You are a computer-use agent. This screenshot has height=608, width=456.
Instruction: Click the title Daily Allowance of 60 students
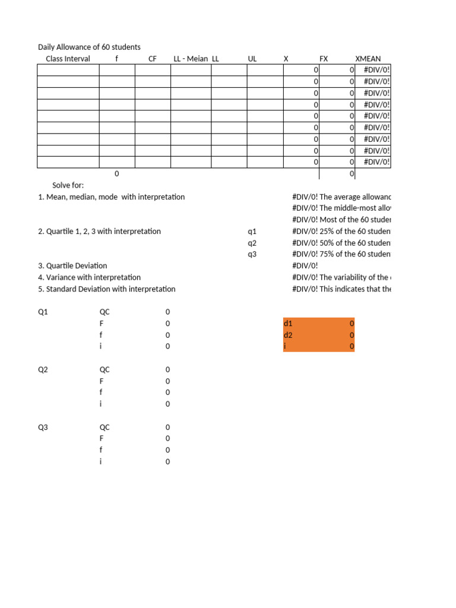[89, 47]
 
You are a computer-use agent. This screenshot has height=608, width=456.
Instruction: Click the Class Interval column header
[68, 59]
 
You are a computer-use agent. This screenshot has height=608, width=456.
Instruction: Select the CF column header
[152, 59]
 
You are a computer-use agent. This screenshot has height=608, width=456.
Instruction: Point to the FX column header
[324, 59]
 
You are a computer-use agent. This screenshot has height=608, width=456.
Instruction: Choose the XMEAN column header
[368, 59]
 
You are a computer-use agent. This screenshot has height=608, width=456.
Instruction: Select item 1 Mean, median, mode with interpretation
[111, 197]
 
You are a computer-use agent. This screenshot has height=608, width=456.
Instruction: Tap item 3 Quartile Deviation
[72, 266]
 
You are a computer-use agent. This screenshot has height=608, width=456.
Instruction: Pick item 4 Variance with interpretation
[89, 277]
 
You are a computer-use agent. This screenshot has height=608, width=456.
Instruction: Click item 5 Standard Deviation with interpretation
[106, 289]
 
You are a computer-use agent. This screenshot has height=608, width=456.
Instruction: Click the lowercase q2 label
[252, 243]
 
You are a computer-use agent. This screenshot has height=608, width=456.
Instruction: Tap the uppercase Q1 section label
[43, 312]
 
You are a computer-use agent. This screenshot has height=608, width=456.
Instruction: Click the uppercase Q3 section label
[43, 427]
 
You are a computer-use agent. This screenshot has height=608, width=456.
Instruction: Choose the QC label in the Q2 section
[104, 369]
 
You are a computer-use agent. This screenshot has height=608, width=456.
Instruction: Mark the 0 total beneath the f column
[116, 173]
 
